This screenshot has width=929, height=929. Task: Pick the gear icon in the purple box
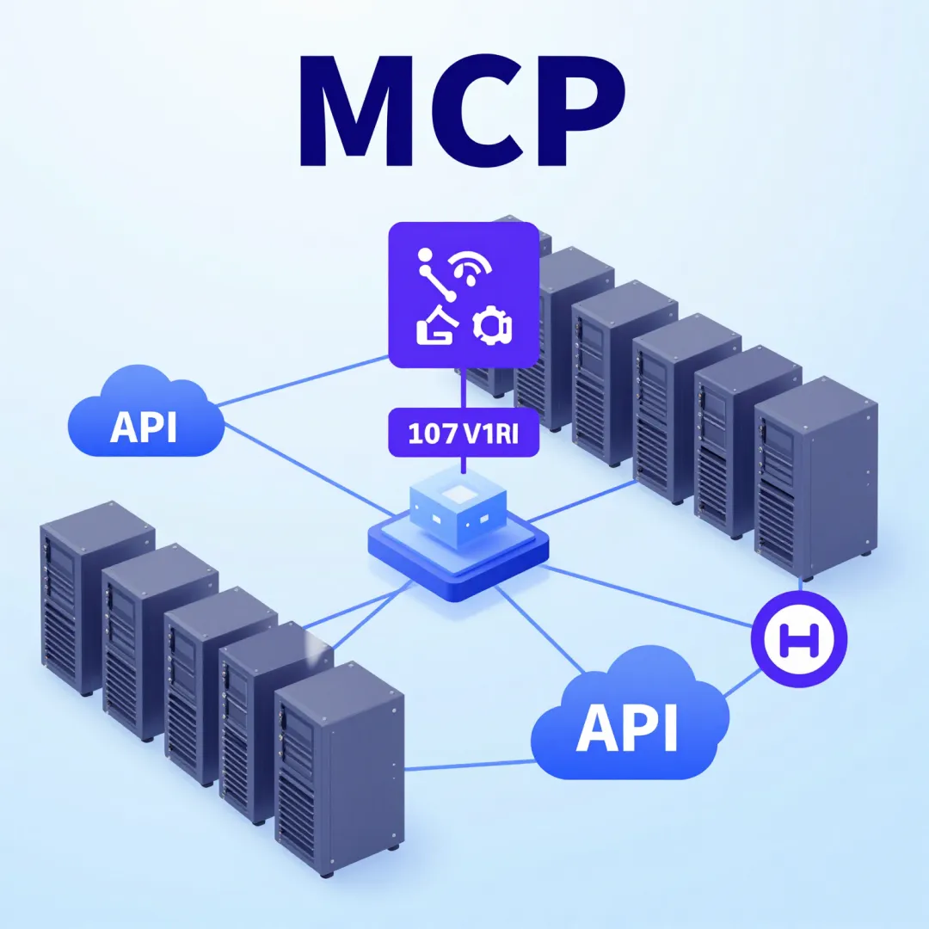[493, 326]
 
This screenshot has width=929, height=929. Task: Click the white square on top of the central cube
[455, 493]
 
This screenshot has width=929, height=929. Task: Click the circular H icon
[800, 639]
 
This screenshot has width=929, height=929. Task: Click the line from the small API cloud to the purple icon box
[301, 379]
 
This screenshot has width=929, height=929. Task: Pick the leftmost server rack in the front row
[95, 598]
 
